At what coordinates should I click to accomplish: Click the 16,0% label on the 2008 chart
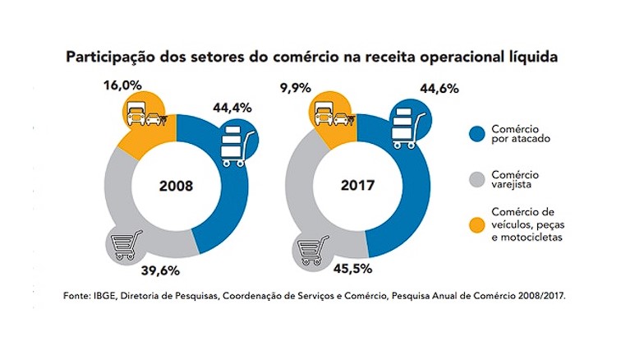pyautogui.click(x=122, y=85)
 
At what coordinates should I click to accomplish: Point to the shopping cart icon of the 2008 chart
pyautogui.click(x=126, y=245)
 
